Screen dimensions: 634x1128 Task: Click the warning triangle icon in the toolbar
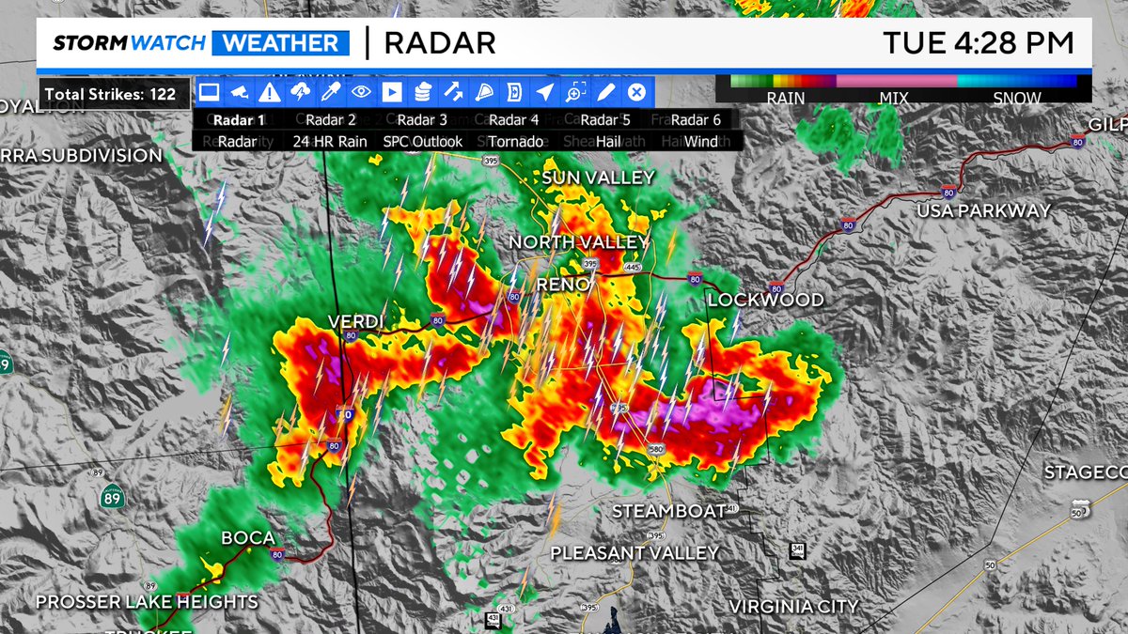[x=270, y=92]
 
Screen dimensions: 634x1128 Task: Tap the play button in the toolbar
[x=392, y=92]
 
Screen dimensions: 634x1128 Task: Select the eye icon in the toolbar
[x=361, y=92]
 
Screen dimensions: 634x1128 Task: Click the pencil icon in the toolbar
[x=605, y=92]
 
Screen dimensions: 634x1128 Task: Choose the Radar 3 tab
[x=422, y=119]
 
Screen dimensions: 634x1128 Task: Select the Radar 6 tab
[x=696, y=119]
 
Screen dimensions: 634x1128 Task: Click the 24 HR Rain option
[x=330, y=141]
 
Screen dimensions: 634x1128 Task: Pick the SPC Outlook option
[x=423, y=141]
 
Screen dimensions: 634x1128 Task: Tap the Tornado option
[x=515, y=141]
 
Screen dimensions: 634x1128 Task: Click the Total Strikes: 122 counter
[x=111, y=94]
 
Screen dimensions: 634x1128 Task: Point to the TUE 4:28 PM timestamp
[x=978, y=42]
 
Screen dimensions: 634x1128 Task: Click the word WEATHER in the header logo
[x=281, y=43]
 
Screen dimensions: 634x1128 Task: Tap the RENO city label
[x=562, y=284]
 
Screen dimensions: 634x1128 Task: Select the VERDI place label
[x=354, y=321]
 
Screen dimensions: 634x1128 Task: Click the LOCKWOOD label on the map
[x=765, y=301]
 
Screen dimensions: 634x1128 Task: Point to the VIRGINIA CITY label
[x=793, y=606]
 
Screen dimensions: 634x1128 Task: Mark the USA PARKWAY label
[x=984, y=210]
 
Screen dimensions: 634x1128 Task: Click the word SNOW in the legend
[x=1017, y=98]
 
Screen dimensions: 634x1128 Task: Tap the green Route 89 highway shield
[x=112, y=497]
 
